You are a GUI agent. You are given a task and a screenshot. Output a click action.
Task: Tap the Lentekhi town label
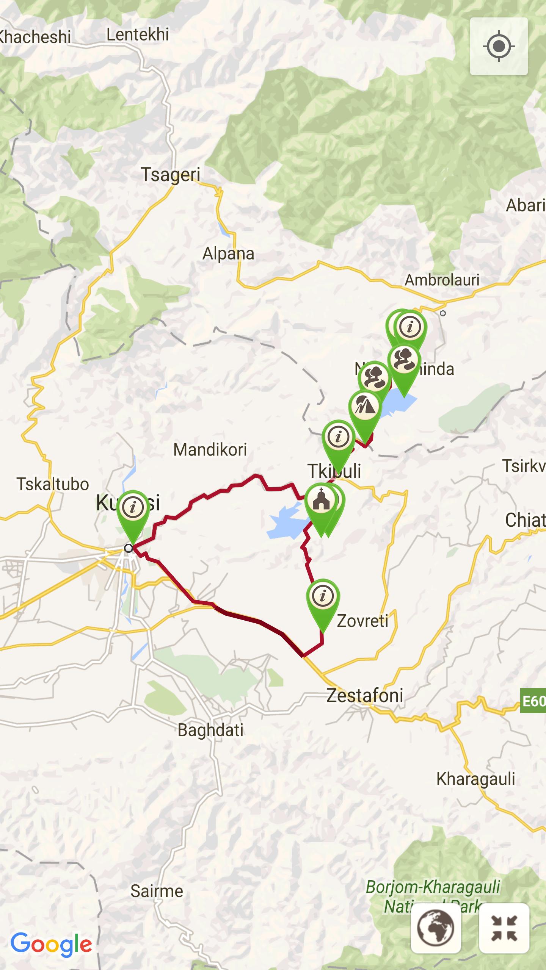click(x=137, y=35)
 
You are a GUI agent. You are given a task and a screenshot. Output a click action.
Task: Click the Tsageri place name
click(x=170, y=175)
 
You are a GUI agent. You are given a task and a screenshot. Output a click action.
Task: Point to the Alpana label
click(x=228, y=253)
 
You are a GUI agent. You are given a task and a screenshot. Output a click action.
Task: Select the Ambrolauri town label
click(x=442, y=280)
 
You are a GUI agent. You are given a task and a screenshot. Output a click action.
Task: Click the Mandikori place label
click(x=210, y=450)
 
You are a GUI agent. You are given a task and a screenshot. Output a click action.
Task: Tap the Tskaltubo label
click(x=53, y=484)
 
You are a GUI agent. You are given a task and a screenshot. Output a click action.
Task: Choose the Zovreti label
click(x=362, y=621)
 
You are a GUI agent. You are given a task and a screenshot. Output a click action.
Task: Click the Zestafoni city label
click(x=365, y=695)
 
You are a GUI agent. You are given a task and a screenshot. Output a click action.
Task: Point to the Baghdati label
click(x=210, y=730)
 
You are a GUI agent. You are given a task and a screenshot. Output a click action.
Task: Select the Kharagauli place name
click(x=475, y=779)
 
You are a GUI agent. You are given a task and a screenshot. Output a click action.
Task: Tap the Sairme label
click(x=157, y=891)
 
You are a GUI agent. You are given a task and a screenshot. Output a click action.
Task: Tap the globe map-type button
click(x=436, y=928)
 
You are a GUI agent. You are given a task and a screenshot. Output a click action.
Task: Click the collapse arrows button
click(x=504, y=928)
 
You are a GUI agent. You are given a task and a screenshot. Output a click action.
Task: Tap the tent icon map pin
click(x=365, y=407)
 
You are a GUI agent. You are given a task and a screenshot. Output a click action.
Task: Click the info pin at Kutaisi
click(x=133, y=508)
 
